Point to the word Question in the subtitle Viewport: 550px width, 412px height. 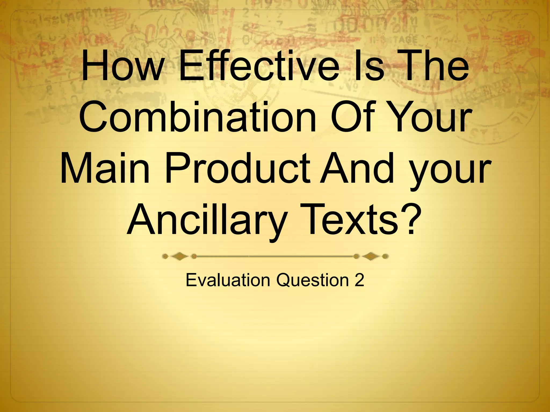tap(311, 280)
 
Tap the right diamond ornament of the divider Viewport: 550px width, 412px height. tap(371, 257)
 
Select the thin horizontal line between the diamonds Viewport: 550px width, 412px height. tap(275, 257)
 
